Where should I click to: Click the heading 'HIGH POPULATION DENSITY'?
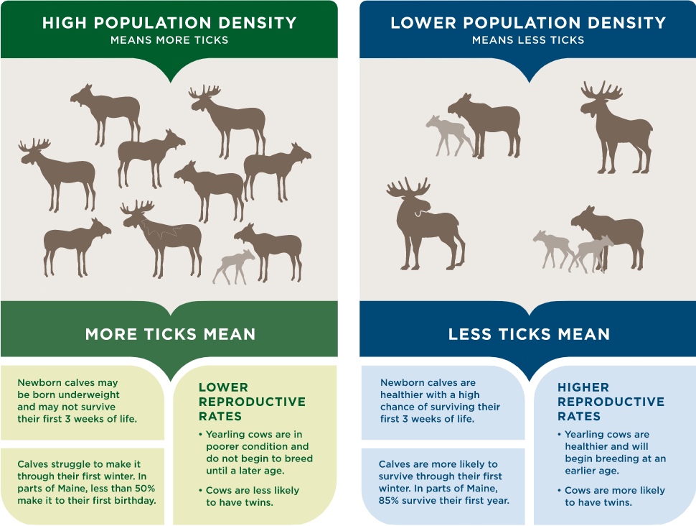pyautogui.click(x=169, y=23)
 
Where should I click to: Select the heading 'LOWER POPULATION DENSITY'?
pyautogui.click(x=528, y=23)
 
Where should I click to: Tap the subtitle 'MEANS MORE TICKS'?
pyautogui.click(x=169, y=40)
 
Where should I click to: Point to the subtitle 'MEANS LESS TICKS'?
pyautogui.click(x=528, y=40)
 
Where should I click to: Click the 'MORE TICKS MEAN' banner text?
pyautogui.click(x=170, y=334)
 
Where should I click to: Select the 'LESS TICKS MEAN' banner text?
pyautogui.click(x=529, y=334)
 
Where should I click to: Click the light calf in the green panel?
pyautogui.click(x=235, y=266)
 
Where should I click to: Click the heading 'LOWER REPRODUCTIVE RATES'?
pyautogui.click(x=252, y=401)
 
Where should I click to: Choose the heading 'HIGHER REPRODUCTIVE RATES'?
pyautogui.click(x=611, y=401)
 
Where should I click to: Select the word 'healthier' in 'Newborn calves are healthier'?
pyautogui.click(x=404, y=395)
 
